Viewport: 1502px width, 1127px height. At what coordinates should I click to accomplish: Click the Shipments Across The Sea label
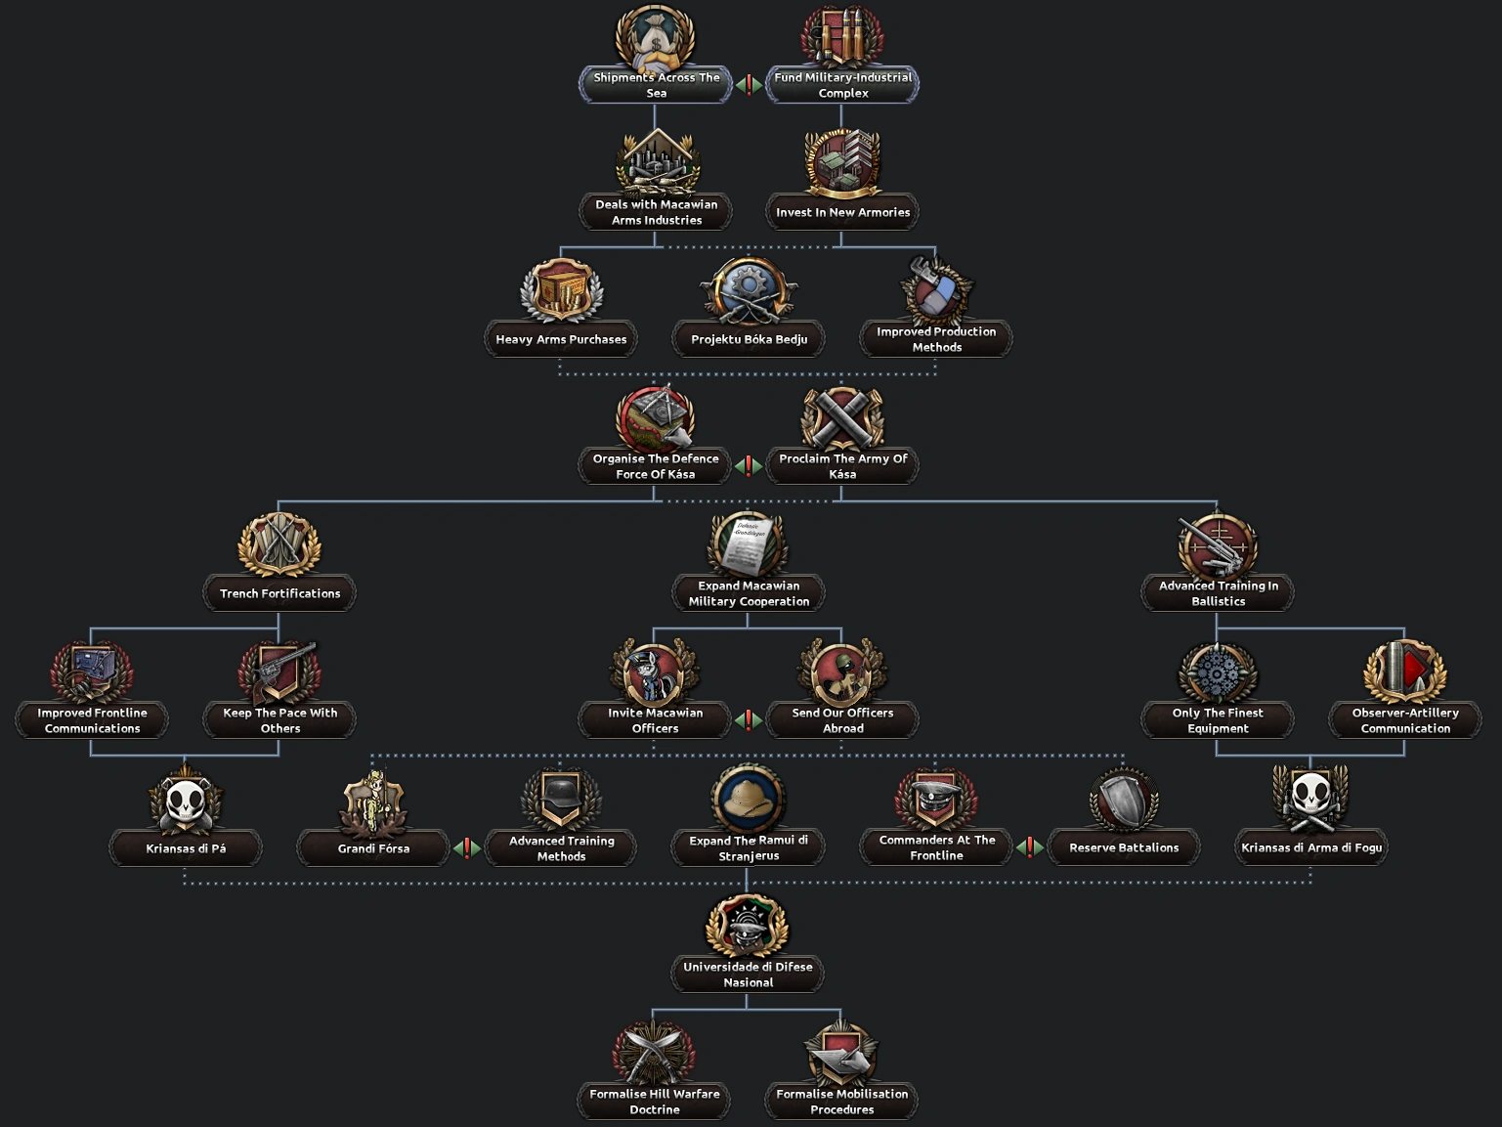(656, 85)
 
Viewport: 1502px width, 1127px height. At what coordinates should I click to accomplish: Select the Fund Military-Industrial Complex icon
(842, 37)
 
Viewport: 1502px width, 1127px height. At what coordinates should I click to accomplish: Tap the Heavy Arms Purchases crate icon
(561, 290)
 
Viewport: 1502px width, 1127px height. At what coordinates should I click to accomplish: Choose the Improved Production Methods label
(936, 339)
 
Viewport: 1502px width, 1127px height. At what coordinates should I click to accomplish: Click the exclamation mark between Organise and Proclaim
(749, 466)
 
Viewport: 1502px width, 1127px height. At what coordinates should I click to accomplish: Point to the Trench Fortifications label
(279, 593)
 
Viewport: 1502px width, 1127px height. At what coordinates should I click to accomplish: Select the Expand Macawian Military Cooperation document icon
(749, 543)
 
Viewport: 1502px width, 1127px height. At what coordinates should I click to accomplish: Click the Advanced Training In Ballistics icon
(1218, 545)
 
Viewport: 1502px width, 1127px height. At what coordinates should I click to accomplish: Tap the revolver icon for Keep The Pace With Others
(280, 672)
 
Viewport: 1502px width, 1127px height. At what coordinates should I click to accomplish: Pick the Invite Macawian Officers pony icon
(655, 672)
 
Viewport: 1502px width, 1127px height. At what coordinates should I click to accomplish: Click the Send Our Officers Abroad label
(842, 720)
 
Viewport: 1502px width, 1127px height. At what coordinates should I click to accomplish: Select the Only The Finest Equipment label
(1218, 720)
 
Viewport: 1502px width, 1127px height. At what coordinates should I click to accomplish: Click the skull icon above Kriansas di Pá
(186, 800)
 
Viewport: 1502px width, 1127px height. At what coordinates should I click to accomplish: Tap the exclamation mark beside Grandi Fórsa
(467, 847)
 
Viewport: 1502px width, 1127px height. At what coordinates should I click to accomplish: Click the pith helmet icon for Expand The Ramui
(749, 798)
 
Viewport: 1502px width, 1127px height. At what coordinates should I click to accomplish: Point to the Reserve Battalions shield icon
(1124, 800)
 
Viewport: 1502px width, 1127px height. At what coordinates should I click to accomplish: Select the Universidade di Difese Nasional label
(748, 975)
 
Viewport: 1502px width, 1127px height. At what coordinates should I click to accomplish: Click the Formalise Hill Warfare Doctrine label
(655, 1102)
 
